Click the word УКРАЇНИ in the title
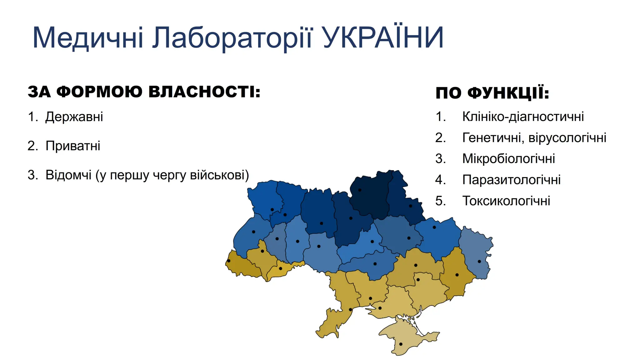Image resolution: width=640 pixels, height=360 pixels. (x=383, y=37)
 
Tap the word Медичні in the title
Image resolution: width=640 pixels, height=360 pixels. (x=88, y=38)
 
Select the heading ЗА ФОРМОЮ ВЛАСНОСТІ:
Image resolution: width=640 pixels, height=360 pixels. (x=144, y=92)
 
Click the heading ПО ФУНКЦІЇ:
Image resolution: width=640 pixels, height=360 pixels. (x=492, y=93)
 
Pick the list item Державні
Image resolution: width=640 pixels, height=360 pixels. (x=74, y=117)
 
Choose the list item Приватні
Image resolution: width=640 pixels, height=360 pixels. (x=73, y=146)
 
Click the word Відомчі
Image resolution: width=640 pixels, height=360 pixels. (x=68, y=175)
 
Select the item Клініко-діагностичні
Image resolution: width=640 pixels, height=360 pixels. (x=523, y=117)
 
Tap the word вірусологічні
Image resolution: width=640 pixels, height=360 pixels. (x=567, y=137)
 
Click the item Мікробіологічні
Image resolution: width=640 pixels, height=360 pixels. (x=508, y=158)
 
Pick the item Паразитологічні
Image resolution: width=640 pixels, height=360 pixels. (x=511, y=180)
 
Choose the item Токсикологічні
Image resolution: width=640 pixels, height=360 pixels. (x=506, y=201)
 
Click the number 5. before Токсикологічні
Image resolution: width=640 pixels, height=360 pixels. (x=441, y=201)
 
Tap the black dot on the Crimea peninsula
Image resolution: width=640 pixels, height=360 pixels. (x=401, y=344)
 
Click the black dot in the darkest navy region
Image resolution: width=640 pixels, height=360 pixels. (x=360, y=190)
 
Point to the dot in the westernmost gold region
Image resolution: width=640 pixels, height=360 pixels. (x=229, y=261)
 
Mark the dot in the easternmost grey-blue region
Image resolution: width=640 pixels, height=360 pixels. (x=479, y=261)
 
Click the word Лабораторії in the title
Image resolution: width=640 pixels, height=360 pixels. (x=232, y=38)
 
